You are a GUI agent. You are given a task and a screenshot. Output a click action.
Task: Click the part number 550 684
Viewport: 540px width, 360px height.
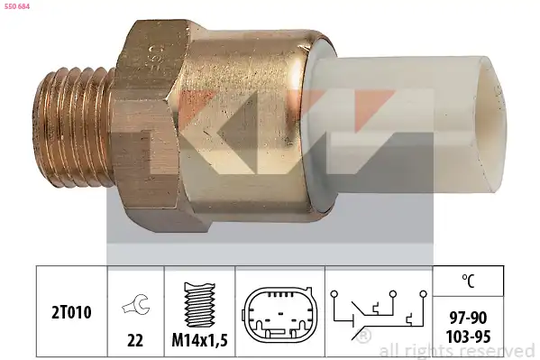tap(17, 6)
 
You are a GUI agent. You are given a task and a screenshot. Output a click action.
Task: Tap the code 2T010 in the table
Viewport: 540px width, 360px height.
tap(71, 312)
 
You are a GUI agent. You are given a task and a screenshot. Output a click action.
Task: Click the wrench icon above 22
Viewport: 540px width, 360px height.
tap(136, 304)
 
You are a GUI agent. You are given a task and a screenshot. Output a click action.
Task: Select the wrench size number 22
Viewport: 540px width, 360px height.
tap(135, 340)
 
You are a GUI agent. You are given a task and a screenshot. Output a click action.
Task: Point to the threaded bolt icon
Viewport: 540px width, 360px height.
tap(200, 305)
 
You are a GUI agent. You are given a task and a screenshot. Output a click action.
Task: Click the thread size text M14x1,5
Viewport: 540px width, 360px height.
tap(200, 340)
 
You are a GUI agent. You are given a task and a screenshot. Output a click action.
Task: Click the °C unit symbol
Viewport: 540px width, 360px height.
tap(468, 281)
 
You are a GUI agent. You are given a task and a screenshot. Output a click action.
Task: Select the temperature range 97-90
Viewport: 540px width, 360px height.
tap(468, 318)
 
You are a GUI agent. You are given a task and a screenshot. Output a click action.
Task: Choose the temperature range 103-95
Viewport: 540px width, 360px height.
tap(468, 337)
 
